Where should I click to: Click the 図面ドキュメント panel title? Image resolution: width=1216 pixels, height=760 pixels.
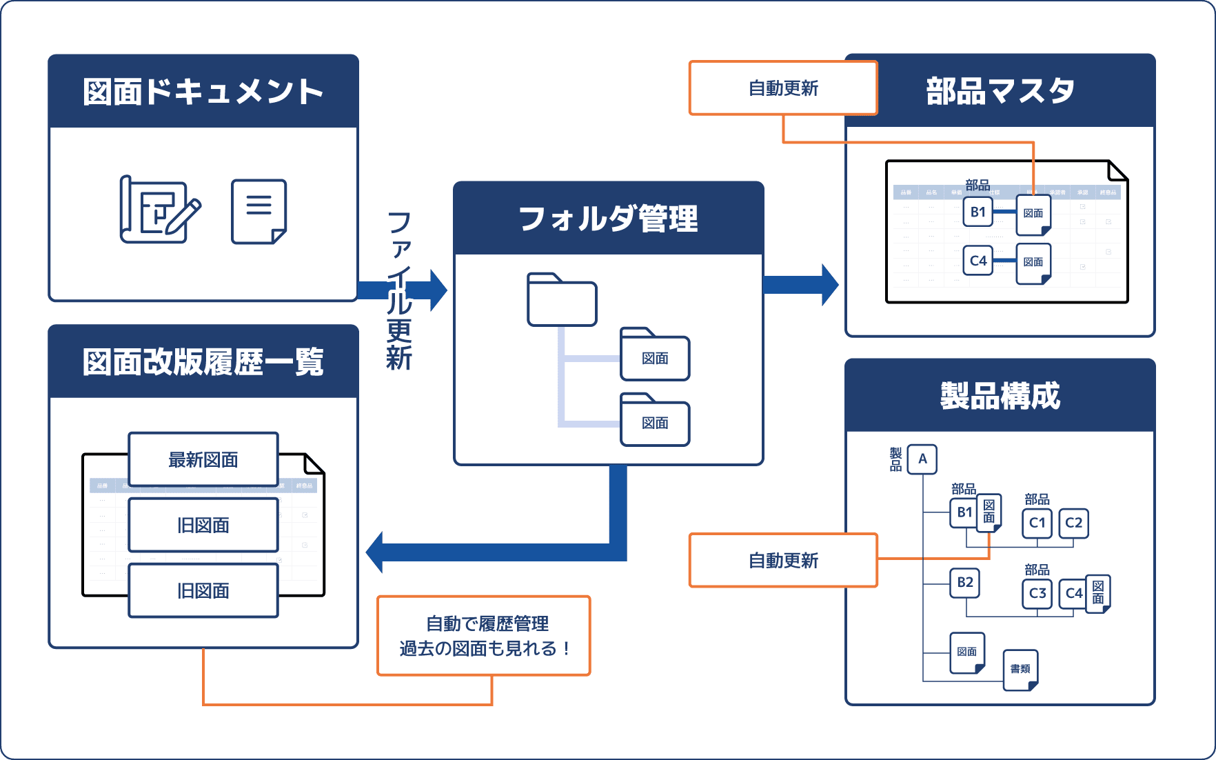coord(203,92)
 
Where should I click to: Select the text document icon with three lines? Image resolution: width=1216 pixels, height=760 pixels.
coord(259,211)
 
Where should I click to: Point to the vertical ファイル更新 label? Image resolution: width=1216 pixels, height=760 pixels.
coord(399,290)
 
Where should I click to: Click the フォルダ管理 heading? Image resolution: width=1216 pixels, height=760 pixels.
coord(608,219)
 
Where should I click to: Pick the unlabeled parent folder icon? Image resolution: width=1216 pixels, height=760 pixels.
coord(562,300)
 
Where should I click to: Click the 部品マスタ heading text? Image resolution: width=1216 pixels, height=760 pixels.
coord(1000,91)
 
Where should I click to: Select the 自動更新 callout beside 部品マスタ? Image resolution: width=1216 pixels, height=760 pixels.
coord(783,88)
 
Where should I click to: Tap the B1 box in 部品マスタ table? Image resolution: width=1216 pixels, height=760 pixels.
coord(977,212)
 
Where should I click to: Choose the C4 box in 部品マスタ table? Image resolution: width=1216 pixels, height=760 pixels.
coord(977,261)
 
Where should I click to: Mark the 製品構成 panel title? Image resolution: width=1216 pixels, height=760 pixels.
coord(1000,396)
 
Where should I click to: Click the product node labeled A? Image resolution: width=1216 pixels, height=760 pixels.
coord(922,459)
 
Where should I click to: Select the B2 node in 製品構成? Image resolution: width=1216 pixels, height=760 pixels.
coord(964,583)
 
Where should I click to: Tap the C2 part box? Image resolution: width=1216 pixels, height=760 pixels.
coord(1073,523)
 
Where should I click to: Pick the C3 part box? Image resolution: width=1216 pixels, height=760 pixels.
coord(1037,593)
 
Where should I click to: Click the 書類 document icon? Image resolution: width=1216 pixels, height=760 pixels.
coord(1020,669)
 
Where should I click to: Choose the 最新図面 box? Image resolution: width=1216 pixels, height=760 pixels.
coord(203,459)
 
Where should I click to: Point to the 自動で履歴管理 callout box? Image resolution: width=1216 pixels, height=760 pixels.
coord(484,636)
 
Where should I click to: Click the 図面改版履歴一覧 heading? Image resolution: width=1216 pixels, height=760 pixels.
coord(203,362)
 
